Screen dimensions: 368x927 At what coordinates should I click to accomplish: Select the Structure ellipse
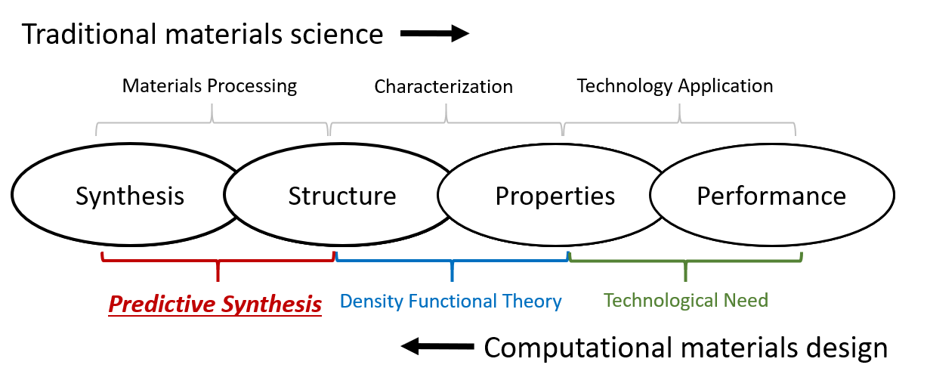[342, 196]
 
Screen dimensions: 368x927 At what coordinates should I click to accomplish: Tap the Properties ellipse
[555, 196]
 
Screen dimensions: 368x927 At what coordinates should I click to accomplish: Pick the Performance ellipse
[771, 196]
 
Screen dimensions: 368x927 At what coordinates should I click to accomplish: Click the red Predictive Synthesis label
[215, 305]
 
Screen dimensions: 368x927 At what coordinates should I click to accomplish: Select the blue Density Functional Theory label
[451, 302]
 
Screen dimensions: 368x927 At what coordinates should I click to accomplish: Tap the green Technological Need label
[686, 301]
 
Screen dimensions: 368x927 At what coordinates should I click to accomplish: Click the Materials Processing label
[209, 85]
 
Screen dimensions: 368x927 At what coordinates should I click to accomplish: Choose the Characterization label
[443, 87]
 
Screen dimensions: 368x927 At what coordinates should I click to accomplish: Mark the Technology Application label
[675, 85]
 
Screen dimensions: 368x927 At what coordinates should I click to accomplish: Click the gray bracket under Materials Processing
[212, 119]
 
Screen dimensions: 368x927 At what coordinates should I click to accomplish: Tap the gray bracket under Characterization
[447, 119]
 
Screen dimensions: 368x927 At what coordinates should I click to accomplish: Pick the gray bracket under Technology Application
[679, 119]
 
